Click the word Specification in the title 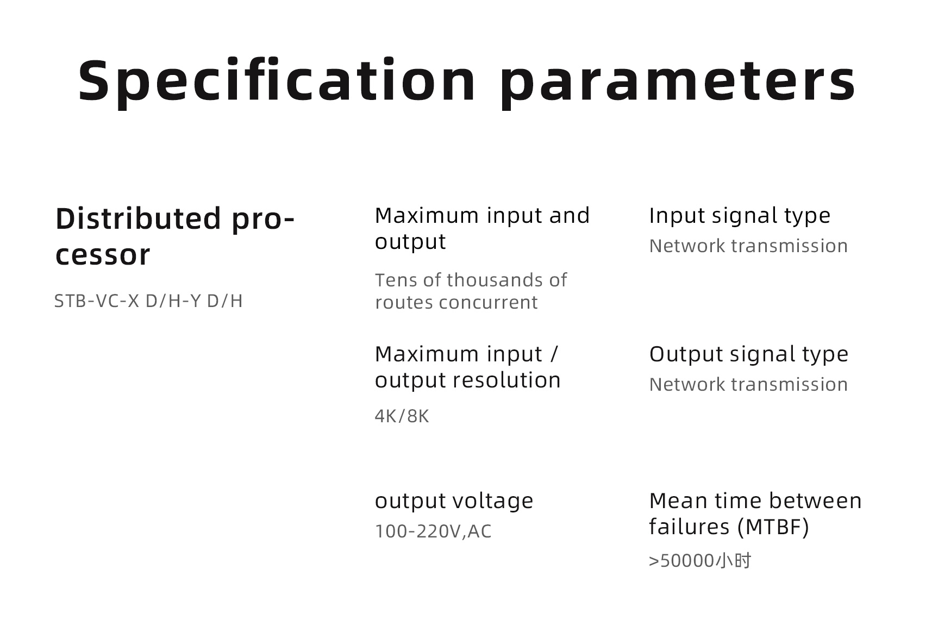(x=277, y=81)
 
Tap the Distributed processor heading (x=175, y=236)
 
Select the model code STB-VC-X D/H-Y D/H (x=148, y=301)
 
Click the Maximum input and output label (x=482, y=228)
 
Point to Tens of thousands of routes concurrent (x=471, y=291)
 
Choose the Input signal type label (x=740, y=216)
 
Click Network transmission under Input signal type (x=748, y=246)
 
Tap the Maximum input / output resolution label (x=467, y=367)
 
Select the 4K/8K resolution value (x=402, y=416)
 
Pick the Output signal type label (x=748, y=354)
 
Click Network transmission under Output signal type (x=748, y=384)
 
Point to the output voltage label (x=454, y=501)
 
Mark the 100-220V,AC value (x=433, y=531)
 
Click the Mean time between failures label (x=755, y=514)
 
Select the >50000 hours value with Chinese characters (x=700, y=560)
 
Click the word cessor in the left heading (x=103, y=255)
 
